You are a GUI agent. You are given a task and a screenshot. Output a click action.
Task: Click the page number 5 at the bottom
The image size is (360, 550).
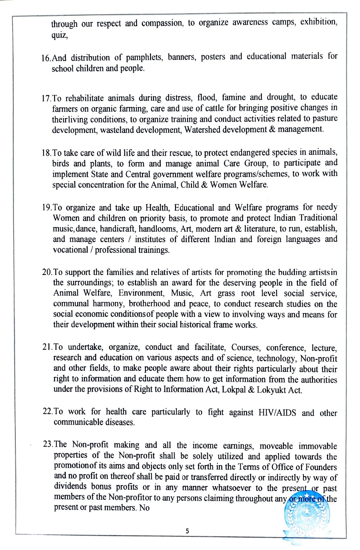click(x=187, y=531)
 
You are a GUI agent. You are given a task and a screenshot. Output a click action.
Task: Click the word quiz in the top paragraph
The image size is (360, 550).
click(x=59, y=35)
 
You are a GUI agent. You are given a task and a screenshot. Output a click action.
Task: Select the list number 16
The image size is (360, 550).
click(x=46, y=58)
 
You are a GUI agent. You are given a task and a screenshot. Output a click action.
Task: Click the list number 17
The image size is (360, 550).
click(x=46, y=99)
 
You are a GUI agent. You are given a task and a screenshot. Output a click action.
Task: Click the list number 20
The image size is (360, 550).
click(x=47, y=273)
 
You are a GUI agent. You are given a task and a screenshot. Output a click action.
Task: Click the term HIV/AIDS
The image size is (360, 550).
click(x=277, y=413)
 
